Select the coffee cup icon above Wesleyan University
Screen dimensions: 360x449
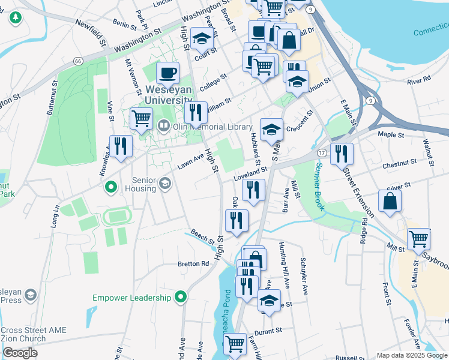tap(168, 73)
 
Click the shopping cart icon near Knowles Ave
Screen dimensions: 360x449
tap(141, 118)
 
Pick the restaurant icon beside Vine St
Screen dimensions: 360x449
tap(121, 146)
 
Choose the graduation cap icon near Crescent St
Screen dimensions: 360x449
tap(272, 129)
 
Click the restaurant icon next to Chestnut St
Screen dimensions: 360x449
tap(342, 153)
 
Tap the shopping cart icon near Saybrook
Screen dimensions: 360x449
tap(418, 239)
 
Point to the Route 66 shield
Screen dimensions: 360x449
tap(78, 61)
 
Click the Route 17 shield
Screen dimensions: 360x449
tap(322, 154)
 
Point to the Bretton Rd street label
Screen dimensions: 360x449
tap(193, 263)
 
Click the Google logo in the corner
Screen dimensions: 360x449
tap(20, 353)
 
